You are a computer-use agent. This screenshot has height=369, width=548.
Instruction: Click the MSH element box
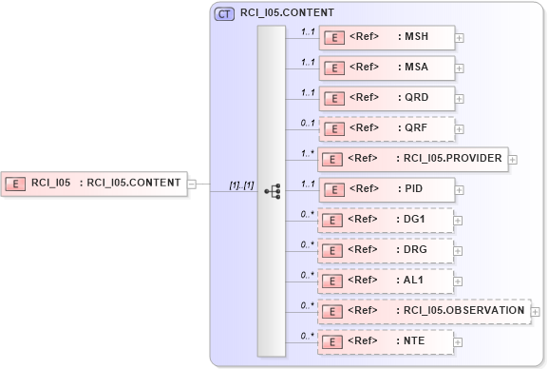click(x=387, y=37)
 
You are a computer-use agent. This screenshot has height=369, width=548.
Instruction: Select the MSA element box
click(x=387, y=68)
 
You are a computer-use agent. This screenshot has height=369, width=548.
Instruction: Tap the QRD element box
click(x=387, y=98)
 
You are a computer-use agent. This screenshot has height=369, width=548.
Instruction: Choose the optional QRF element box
click(x=387, y=128)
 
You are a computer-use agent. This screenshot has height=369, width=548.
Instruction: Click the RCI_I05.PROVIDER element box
click(x=413, y=159)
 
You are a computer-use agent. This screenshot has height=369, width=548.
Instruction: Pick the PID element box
click(x=387, y=189)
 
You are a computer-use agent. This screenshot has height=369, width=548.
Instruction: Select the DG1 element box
click(x=387, y=220)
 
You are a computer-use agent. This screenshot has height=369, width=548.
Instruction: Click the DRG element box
click(x=387, y=250)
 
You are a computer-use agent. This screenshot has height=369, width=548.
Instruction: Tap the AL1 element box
click(x=387, y=281)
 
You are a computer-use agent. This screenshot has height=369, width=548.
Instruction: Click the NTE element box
click(x=387, y=340)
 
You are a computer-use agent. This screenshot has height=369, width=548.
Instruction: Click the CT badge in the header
click(x=225, y=13)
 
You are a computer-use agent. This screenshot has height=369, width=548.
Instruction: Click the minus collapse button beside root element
click(x=192, y=184)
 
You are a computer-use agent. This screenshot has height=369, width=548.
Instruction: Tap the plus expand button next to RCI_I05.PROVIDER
click(x=513, y=160)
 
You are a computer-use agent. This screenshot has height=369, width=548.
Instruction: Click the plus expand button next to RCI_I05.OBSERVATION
click(x=536, y=311)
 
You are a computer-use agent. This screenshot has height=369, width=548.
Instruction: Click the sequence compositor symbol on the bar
click(x=272, y=190)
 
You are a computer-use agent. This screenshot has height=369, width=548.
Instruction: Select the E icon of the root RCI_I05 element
click(x=16, y=184)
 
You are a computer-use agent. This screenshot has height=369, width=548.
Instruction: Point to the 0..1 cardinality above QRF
click(x=307, y=122)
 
